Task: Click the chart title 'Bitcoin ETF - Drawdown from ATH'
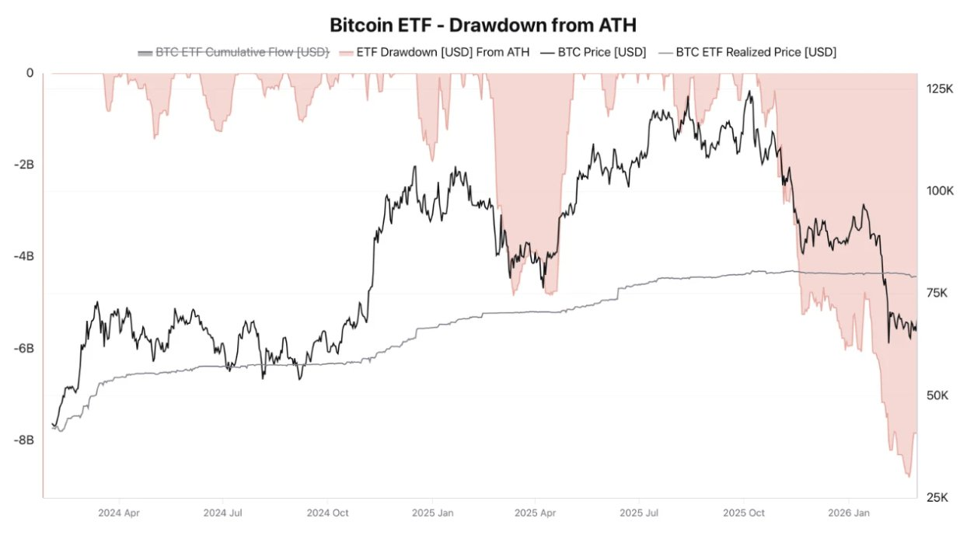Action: tap(483, 25)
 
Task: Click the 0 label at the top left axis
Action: tap(30, 74)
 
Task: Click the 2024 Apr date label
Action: tap(120, 513)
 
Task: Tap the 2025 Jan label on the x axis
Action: tap(432, 513)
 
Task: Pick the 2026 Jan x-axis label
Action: tap(848, 513)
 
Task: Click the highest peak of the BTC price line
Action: tap(749, 91)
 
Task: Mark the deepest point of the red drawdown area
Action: tap(908, 477)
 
